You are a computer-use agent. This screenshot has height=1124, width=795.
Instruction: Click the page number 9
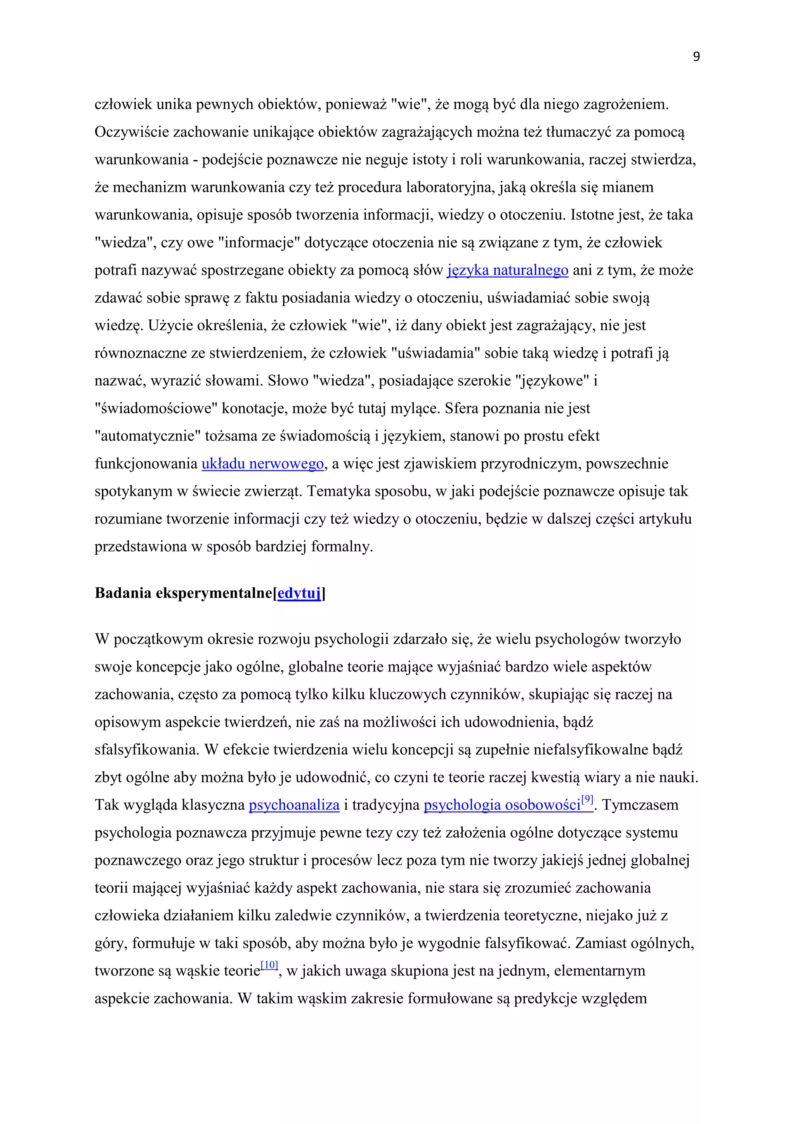tap(696, 57)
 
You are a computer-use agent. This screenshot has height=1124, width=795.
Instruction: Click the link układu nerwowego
tap(262, 463)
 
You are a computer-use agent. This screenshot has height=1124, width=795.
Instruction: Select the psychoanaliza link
tap(294, 805)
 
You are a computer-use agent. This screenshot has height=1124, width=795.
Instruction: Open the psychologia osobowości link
tap(502, 805)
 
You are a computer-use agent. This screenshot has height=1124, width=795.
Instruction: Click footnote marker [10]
tap(269, 965)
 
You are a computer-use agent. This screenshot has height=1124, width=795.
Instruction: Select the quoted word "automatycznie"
tap(148, 436)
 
